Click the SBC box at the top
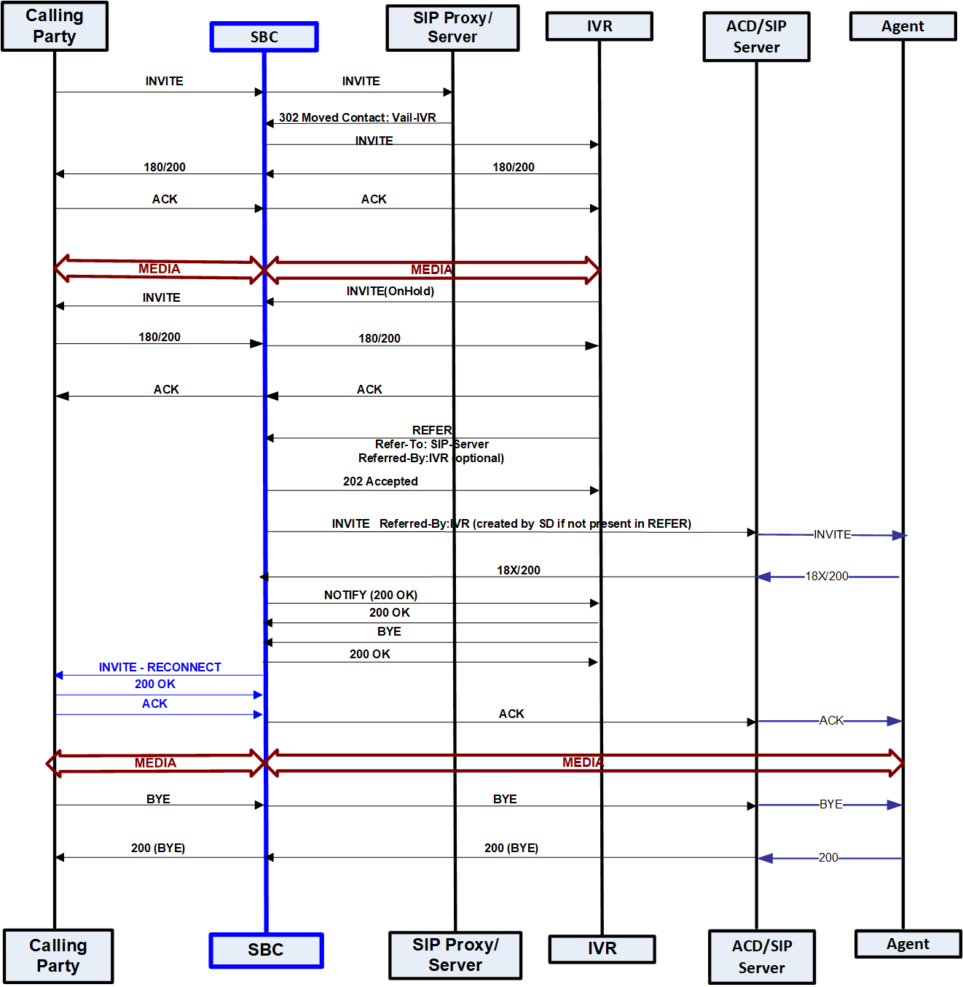tap(264, 37)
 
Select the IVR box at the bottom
tap(602, 948)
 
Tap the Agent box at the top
tap(903, 26)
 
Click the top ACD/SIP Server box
tap(756, 36)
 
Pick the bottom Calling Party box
tap(58, 956)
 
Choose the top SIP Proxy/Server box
tap(452, 28)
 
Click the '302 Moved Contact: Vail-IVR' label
tap(357, 117)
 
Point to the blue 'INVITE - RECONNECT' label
tap(160, 667)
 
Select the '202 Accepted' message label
tap(380, 481)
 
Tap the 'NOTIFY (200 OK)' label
tap(371, 595)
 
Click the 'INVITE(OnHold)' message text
tap(390, 291)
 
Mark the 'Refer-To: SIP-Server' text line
tap(431, 444)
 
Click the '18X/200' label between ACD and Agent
tap(826, 576)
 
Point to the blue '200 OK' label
tap(154, 684)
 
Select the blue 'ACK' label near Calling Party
tap(154, 703)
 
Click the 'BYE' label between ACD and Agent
tap(830, 804)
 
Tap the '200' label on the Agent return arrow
tap(828, 857)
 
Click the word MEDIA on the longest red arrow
tap(583, 762)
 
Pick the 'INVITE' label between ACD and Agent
tap(832, 534)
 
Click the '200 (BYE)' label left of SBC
tap(158, 848)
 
